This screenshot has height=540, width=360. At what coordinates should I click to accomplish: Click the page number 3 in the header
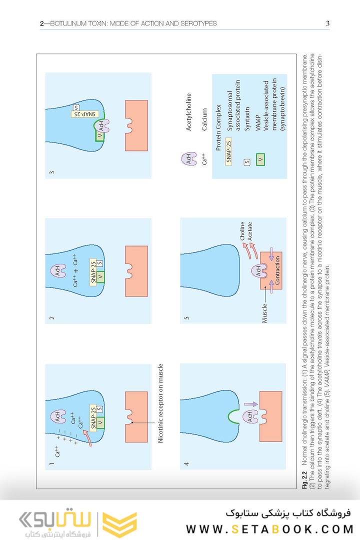(327, 23)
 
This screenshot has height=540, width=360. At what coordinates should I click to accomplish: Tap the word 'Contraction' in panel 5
(278, 270)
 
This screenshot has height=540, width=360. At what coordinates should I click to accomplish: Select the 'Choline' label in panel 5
(242, 231)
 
